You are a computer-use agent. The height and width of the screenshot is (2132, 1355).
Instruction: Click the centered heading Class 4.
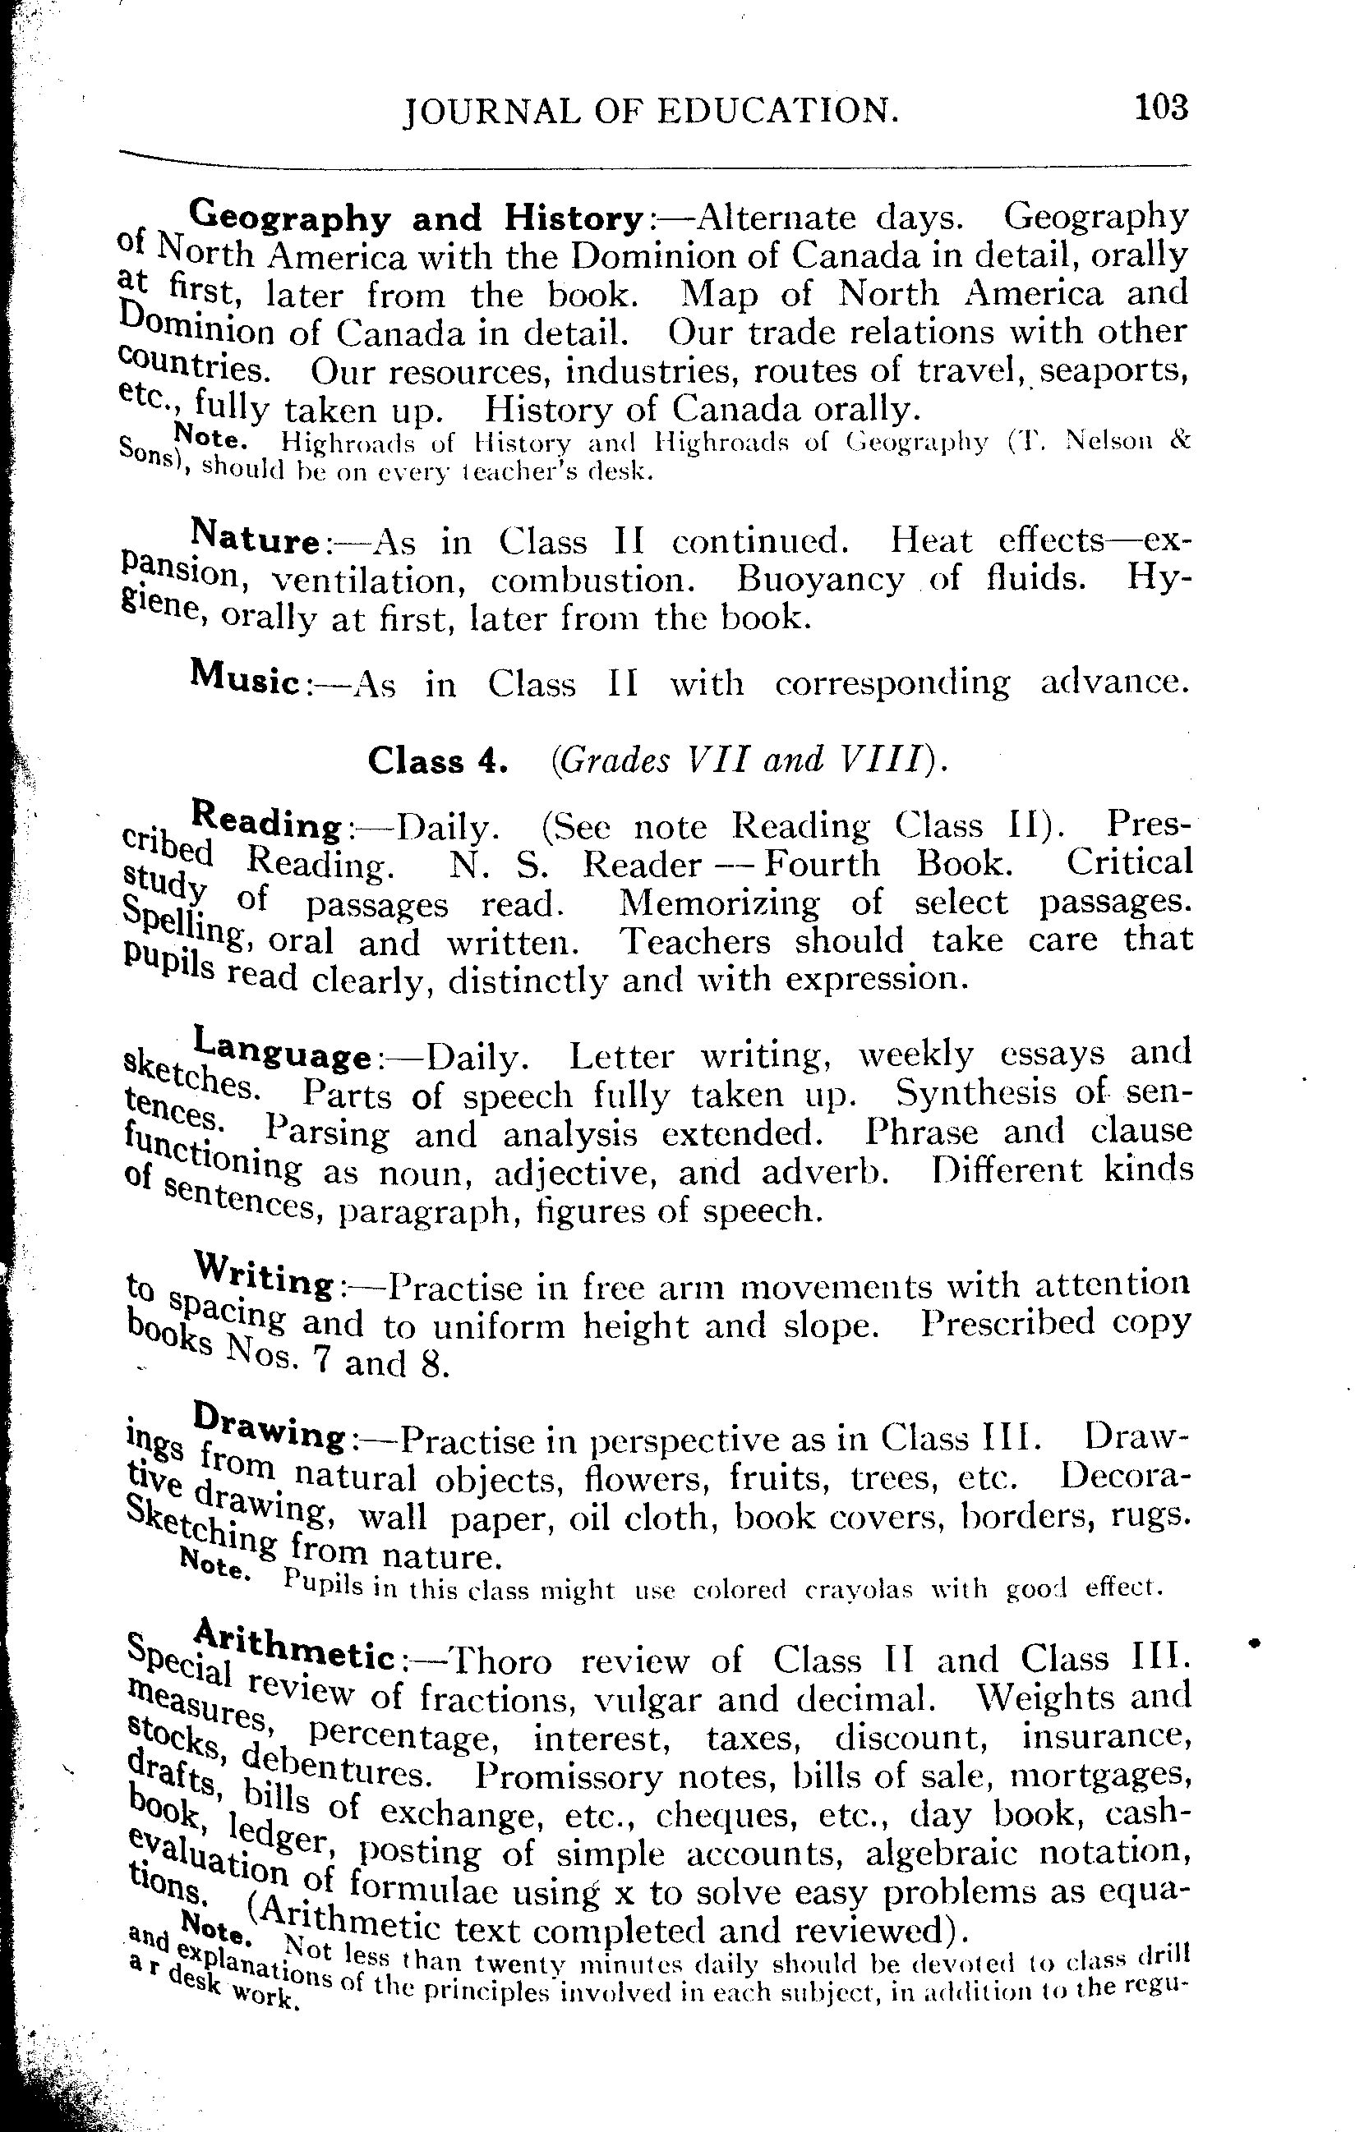[437, 760]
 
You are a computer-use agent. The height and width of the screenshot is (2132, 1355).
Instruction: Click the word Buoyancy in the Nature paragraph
[819, 581]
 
